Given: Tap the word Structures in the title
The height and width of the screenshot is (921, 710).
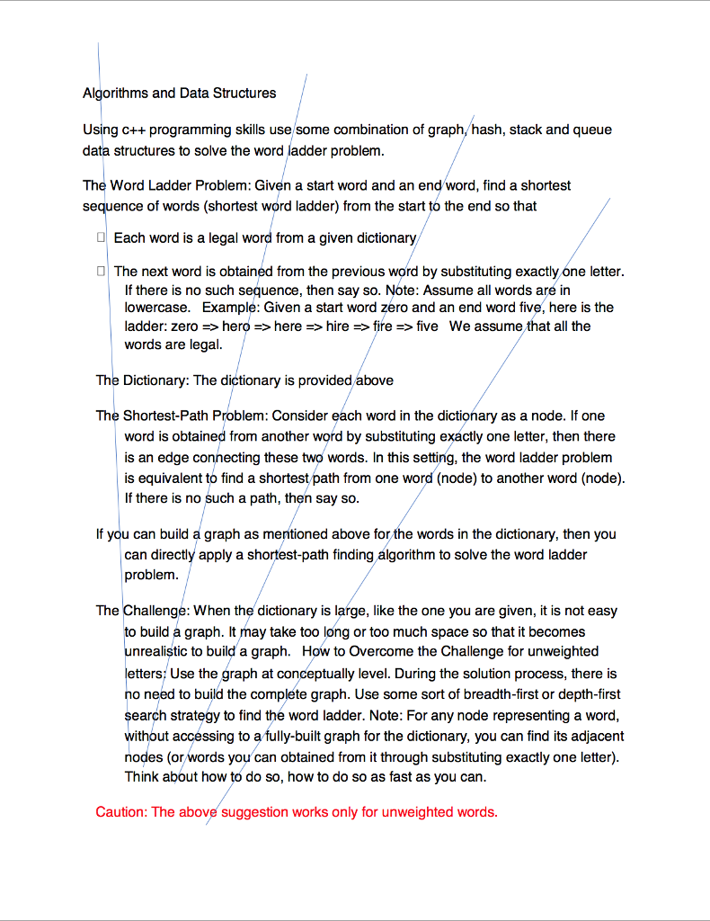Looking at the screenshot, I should [x=244, y=93].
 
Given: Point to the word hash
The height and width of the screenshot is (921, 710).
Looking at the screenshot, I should [x=487, y=130].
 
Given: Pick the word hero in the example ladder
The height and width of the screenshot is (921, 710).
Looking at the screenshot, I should [x=235, y=326].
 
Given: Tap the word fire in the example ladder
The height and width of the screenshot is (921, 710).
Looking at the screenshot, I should [x=383, y=326].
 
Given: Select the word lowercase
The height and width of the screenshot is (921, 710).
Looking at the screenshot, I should [x=157, y=307].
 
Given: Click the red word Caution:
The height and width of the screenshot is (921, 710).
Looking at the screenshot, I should [x=121, y=812].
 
